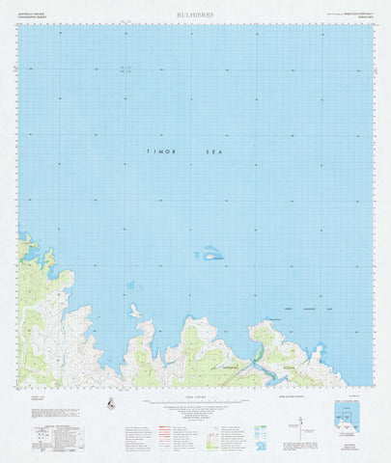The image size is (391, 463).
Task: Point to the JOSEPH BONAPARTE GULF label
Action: tap(308, 309)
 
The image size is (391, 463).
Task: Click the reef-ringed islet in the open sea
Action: tap(210, 255)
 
